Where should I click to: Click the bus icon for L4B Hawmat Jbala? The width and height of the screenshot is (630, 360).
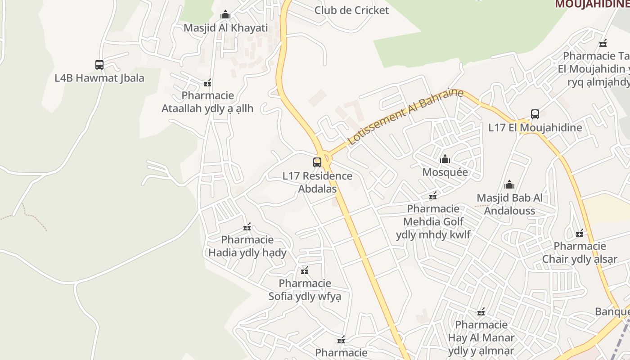99,65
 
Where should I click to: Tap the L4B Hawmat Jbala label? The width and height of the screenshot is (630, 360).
99,78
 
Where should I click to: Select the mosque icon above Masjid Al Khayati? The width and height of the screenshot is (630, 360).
225,15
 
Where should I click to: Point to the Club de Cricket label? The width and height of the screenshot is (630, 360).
351,10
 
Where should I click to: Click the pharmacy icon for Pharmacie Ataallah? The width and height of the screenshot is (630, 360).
207,83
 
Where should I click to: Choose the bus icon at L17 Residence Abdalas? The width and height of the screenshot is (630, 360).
317,162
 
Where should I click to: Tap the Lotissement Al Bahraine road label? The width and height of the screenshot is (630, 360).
405,116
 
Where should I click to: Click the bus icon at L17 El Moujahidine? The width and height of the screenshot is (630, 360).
535,114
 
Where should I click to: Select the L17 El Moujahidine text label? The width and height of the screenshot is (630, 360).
535,127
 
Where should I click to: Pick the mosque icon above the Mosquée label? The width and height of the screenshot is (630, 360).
445,159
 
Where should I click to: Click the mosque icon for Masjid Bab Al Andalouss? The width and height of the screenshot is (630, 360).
509,184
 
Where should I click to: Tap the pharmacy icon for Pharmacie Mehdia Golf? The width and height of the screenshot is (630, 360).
433,196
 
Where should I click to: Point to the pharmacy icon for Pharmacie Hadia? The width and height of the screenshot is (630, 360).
247,227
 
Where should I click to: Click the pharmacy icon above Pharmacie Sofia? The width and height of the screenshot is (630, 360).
305,270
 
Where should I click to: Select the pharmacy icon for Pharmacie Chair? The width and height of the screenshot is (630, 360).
580,233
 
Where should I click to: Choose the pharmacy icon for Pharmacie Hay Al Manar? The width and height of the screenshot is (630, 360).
481,312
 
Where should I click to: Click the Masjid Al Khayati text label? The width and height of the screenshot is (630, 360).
225,28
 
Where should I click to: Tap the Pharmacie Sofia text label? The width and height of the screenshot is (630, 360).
305,290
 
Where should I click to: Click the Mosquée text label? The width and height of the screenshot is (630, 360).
445,172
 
